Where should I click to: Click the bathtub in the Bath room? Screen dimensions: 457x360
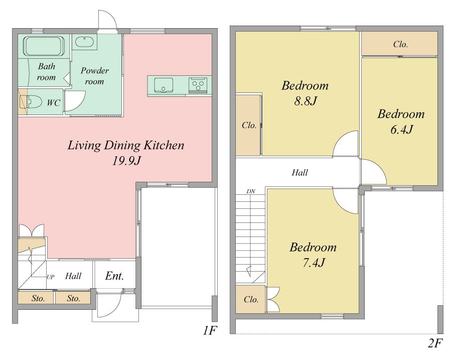click(43, 46)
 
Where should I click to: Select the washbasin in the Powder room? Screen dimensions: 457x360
click(84, 42)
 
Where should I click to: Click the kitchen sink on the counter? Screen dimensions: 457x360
click(164, 85)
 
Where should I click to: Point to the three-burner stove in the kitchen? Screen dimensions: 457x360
click(198, 85)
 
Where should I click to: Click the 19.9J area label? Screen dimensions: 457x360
click(127, 161)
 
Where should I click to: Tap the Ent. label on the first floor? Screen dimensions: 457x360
click(114, 276)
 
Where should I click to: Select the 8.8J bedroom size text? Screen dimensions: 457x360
click(305, 101)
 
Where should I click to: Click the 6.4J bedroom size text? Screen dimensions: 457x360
click(401, 129)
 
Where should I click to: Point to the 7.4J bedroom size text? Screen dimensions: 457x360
click(314, 263)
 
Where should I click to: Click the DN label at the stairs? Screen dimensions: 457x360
click(251, 191)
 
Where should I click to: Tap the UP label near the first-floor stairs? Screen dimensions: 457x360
click(51, 277)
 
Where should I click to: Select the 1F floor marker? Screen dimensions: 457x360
click(210, 330)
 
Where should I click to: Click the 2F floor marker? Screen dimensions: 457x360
click(435, 343)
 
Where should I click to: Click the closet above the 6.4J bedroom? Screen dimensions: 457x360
click(400, 43)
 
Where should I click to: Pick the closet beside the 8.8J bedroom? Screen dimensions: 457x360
click(248, 125)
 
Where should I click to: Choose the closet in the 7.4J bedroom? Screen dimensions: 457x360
click(250, 299)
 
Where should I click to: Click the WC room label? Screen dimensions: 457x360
click(53, 103)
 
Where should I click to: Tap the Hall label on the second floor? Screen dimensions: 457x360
click(299, 172)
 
